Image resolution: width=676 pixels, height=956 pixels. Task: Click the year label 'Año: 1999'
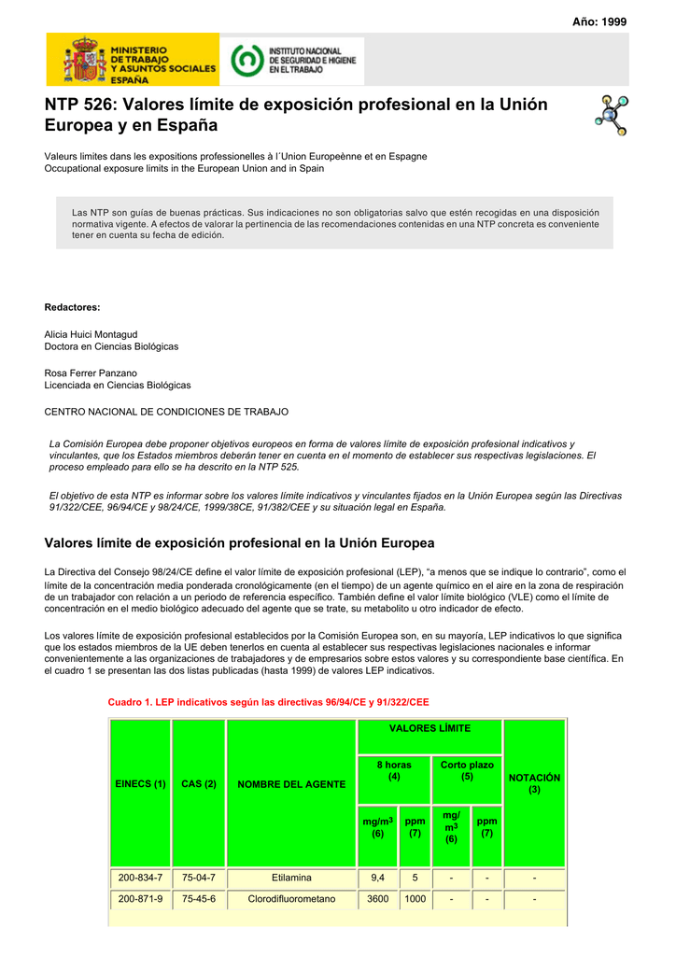599,21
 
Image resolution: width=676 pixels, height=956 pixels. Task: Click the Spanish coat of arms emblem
83,61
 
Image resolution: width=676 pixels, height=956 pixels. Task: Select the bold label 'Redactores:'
73,307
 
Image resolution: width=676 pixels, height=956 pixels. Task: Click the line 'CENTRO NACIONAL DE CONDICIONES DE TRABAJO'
166,411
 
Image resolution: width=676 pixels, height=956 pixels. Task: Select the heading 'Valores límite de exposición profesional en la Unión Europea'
239,542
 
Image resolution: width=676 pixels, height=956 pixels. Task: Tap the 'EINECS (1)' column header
140,784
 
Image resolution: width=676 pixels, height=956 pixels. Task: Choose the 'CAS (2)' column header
199,784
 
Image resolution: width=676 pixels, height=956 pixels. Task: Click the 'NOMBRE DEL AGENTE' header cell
291,784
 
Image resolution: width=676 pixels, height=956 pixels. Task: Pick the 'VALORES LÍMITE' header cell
430,728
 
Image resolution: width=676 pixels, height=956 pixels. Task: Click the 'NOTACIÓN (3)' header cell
534,783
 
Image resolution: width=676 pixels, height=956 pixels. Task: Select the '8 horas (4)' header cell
394,770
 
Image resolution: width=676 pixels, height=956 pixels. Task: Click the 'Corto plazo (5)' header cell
467,770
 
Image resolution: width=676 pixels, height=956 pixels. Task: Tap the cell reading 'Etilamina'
291,878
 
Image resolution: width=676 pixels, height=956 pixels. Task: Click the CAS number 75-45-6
199,899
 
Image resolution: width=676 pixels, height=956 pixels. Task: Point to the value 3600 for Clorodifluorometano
377,899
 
